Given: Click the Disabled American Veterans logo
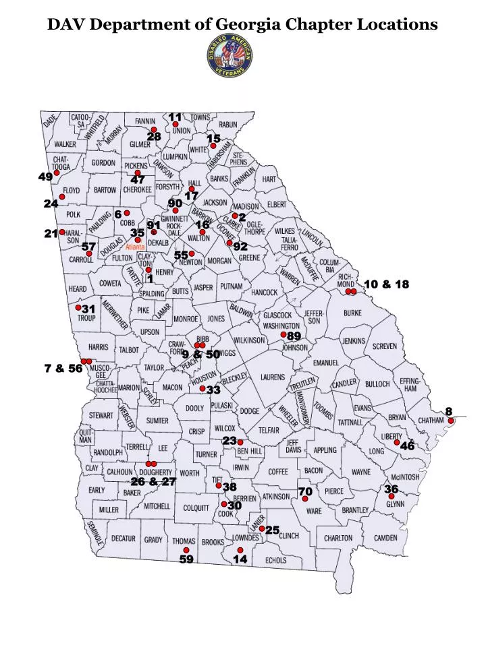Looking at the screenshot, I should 230,55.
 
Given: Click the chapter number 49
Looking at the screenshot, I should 45,177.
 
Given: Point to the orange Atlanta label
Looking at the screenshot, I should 135,247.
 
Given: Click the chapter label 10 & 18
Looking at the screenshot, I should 386,284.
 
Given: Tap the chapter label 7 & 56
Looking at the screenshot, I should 63,368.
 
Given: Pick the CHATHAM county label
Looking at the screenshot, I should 431,421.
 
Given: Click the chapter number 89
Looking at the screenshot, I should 294,336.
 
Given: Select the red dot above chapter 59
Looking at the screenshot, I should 186,550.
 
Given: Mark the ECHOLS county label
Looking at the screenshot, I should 275,560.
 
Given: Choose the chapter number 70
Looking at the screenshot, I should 305,491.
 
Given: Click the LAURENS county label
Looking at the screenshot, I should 273,377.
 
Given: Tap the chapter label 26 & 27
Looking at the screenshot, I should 153,481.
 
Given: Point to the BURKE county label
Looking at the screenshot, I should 352,313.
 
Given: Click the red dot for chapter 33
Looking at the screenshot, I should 202,389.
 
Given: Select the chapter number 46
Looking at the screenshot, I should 407,446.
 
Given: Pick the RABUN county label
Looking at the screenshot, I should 228,125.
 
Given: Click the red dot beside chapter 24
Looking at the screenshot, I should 62,197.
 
